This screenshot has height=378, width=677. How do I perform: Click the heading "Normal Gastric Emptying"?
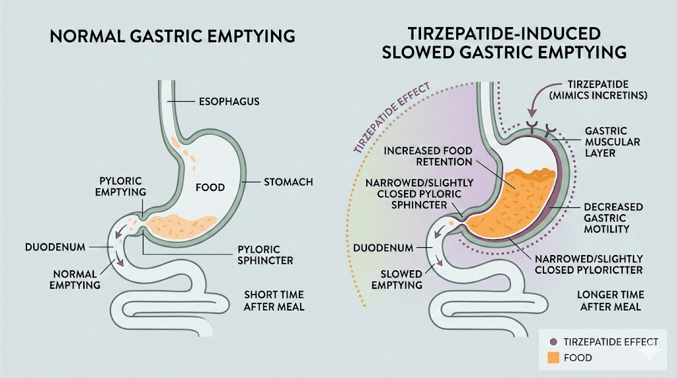pyautogui.click(x=173, y=36)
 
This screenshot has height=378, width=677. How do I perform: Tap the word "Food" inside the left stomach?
pyautogui.click(x=211, y=188)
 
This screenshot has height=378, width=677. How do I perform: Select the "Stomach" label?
pyautogui.click(x=288, y=181)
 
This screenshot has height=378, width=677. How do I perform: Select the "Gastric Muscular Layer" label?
pyautogui.click(x=606, y=142)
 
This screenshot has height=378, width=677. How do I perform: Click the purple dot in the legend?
pyautogui.click(x=553, y=342)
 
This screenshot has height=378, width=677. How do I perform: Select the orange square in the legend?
pyautogui.click(x=553, y=358)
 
